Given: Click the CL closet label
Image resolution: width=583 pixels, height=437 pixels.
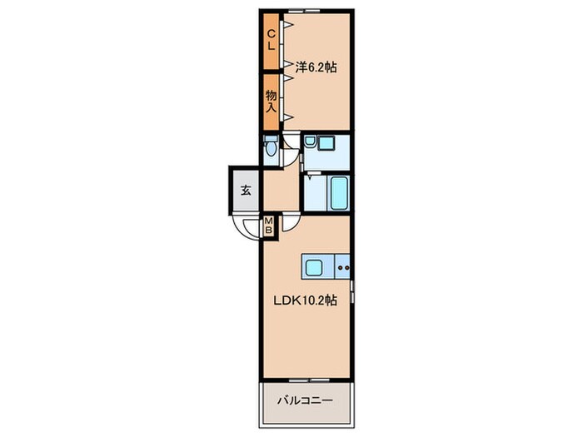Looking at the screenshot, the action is tap(272, 40).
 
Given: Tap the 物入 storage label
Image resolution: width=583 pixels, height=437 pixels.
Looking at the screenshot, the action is tap(272, 102).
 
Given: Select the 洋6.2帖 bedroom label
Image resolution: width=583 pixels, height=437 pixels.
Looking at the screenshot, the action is tap(316, 67).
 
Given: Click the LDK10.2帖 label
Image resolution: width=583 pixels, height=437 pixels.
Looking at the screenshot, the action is tap(306, 300).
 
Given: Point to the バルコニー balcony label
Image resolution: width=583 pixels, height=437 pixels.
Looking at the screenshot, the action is tap(305, 400).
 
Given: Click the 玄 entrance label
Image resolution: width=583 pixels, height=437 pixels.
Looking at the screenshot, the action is tap(246, 191).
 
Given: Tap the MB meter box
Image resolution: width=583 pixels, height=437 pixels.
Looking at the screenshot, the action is tap(268, 226).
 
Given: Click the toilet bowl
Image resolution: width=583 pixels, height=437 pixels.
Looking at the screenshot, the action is tap(271, 147).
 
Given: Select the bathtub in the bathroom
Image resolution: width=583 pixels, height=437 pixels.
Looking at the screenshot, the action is tap(340, 193).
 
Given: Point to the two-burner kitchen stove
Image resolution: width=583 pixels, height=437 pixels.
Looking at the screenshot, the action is tap(343, 267).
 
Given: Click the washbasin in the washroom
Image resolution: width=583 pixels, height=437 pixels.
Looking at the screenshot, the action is tap(310, 141).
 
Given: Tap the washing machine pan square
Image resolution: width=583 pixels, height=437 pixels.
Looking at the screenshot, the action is tap(327, 143).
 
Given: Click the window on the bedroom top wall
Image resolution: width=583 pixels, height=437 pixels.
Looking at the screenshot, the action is tap(306, 11).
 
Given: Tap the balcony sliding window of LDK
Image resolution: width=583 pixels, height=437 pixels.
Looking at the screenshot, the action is tap(309, 380).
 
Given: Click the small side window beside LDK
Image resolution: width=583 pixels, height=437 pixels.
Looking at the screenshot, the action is tap(352, 291).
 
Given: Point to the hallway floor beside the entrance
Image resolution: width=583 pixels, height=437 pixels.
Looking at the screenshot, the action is tap(282, 191).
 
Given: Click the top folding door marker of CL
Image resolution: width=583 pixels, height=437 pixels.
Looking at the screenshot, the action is tap(288, 25).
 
